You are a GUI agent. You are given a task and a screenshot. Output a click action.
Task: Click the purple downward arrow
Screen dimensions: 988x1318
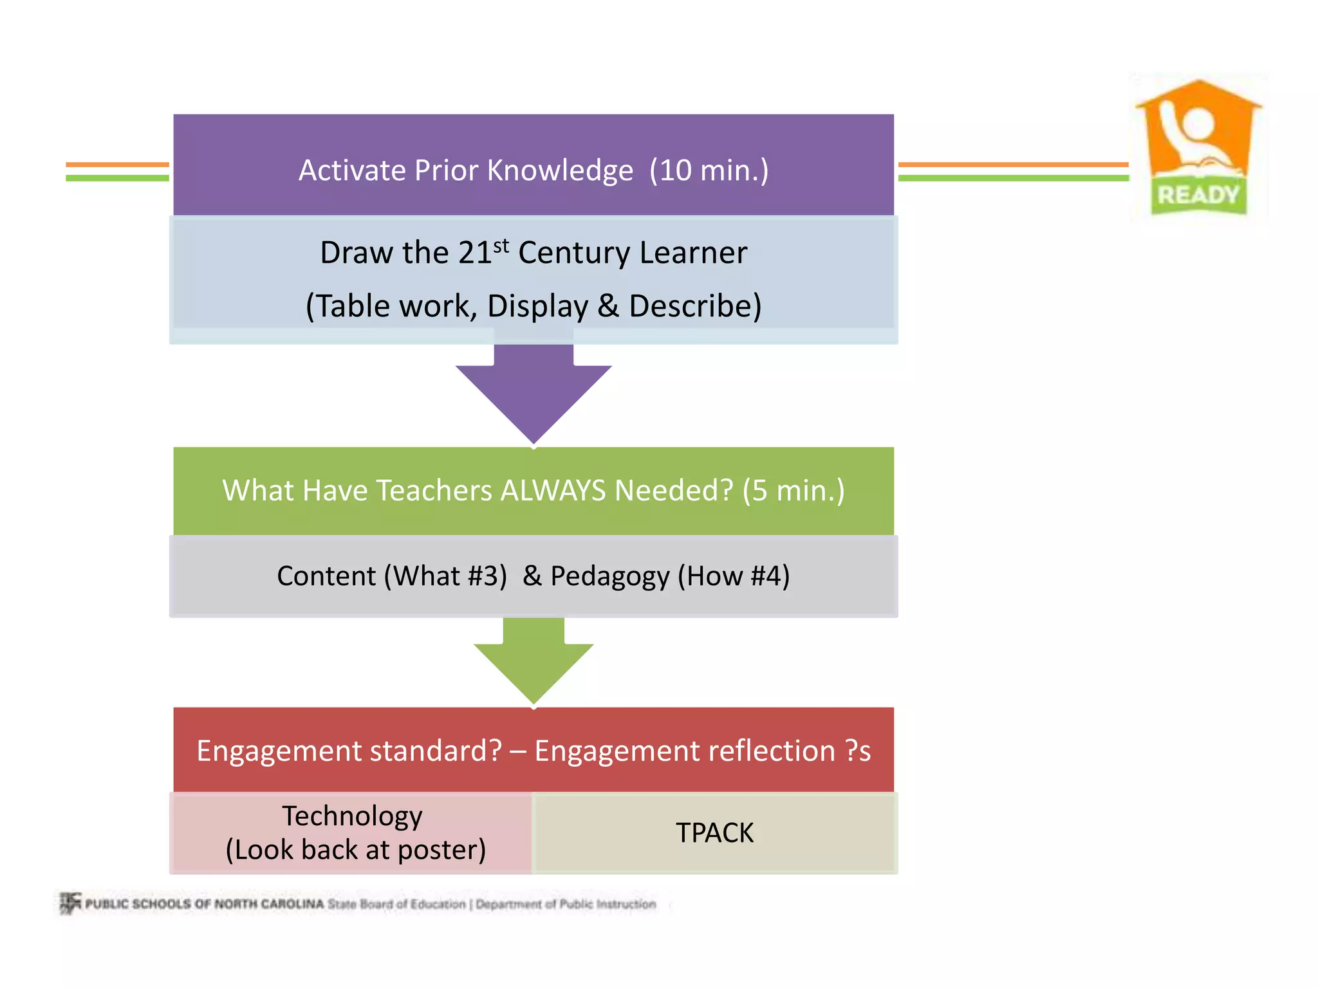click(x=534, y=392)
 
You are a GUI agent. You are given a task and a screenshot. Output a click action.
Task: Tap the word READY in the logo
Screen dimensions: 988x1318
click(x=1198, y=195)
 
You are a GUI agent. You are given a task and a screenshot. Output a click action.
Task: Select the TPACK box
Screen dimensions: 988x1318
click(x=714, y=833)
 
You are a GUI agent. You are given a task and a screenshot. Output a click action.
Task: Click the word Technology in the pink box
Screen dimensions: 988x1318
click(x=352, y=816)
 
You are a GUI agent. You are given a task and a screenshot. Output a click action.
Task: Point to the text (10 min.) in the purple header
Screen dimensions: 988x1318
click(x=709, y=170)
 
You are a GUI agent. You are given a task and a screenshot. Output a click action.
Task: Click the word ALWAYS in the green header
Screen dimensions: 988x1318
click(x=553, y=491)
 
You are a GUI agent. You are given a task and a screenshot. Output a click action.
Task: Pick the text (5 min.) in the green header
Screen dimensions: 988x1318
click(x=793, y=491)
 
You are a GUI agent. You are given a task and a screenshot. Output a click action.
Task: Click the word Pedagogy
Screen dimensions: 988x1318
click(x=609, y=576)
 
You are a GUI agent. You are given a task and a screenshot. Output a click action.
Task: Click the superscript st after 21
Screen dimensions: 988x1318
click(x=501, y=246)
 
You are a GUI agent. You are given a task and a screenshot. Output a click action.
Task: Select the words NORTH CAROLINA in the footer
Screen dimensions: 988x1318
click(x=268, y=904)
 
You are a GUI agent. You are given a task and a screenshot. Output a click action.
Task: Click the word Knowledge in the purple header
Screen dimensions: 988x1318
click(x=559, y=171)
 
